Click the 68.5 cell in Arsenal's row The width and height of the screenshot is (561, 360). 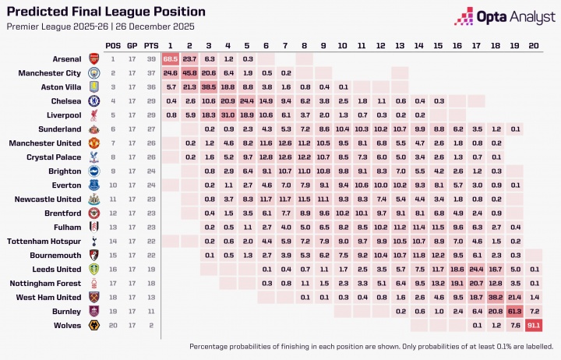171,58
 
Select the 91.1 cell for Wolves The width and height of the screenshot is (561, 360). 534,326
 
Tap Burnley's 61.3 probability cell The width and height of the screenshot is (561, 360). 514,312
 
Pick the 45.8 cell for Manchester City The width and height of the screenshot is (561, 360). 189,72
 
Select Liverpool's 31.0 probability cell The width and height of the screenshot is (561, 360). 228,115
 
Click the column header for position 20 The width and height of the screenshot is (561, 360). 534,45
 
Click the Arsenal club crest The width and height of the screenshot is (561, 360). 93,58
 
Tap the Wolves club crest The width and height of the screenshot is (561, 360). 93,326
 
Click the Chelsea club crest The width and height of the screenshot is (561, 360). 93,101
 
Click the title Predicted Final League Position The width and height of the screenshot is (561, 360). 106,12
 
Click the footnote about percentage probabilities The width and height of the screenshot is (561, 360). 371,346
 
